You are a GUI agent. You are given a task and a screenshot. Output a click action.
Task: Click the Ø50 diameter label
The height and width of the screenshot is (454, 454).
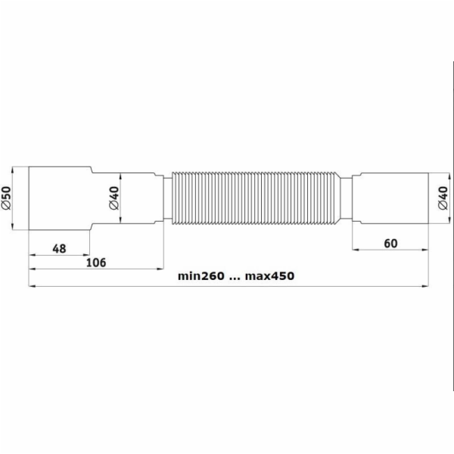click(6, 198)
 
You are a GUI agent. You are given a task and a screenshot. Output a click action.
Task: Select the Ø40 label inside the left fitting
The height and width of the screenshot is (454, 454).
click(114, 198)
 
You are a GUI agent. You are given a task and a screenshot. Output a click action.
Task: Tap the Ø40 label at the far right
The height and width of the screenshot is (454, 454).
click(443, 198)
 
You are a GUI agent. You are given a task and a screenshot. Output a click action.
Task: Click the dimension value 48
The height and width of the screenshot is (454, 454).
click(59, 249)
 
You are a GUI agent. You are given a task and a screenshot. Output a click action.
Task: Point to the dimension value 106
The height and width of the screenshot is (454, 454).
click(96, 263)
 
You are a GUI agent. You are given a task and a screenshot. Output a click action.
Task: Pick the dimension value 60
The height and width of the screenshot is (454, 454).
click(390, 244)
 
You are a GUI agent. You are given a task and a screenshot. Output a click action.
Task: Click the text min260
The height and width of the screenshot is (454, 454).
click(201, 276)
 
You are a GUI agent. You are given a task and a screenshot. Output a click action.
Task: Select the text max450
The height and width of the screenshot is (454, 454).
click(269, 276)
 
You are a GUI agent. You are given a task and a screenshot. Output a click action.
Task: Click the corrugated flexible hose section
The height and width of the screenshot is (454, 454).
click(256, 198)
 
